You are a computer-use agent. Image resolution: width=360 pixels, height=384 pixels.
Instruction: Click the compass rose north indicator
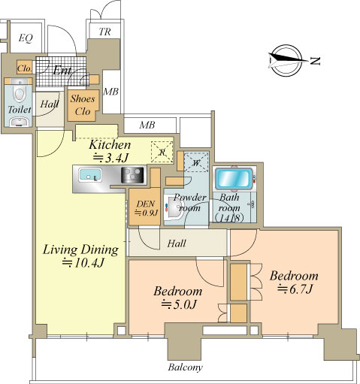[x=287, y=60]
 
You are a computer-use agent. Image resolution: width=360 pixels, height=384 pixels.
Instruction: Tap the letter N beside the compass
[x=315, y=61]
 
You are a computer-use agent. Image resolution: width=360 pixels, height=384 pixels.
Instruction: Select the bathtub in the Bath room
[x=234, y=178]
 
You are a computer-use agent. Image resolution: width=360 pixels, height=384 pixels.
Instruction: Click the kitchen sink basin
[x=90, y=175]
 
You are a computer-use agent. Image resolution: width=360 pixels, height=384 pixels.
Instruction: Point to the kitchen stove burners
[x=132, y=174]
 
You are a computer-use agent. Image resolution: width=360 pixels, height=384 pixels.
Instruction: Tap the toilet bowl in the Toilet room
[x=19, y=93]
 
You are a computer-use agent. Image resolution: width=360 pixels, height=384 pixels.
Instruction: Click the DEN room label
[x=146, y=204]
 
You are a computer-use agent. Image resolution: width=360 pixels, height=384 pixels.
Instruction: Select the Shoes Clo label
[x=83, y=104]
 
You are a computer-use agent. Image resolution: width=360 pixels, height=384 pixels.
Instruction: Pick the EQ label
[x=26, y=38]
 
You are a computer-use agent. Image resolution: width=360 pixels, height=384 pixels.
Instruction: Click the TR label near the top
[x=104, y=32]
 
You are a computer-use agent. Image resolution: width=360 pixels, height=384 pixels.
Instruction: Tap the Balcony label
[x=185, y=367]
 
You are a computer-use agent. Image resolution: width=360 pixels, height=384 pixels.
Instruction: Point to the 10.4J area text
[x=83, y=263]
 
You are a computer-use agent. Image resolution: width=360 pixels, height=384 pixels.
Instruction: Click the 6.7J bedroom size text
[x=295, y=289]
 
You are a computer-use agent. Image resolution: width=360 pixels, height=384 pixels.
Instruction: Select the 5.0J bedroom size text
[x=179, y=304]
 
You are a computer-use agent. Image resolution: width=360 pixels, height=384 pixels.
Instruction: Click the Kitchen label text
[x=110, y=145]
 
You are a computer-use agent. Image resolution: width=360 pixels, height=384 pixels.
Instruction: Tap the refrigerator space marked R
[x=162, y=152]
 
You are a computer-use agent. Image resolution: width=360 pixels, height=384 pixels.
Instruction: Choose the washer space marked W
[x=196, y=163]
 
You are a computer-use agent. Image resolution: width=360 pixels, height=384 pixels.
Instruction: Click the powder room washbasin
[x=174, y=207]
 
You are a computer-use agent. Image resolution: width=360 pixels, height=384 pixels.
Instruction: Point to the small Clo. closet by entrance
[x=25, y=68]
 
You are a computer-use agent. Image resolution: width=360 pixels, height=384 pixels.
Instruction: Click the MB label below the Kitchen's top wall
[x=147, y=125]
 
